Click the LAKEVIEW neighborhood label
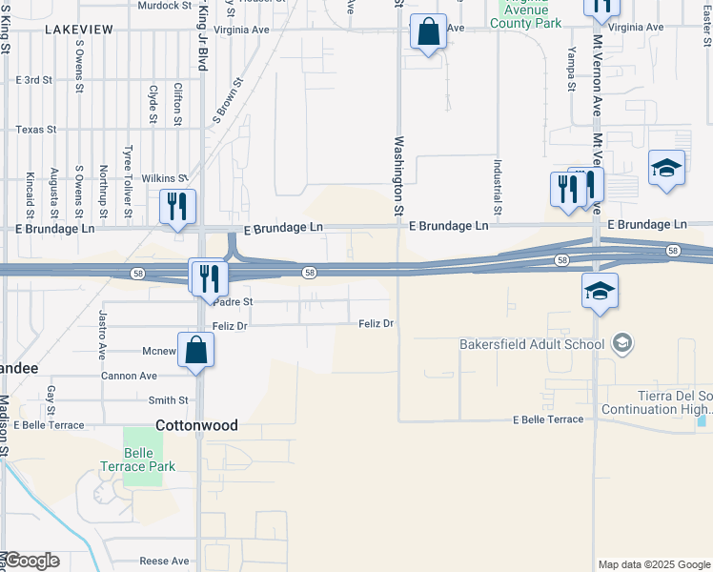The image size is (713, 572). pyautogui.click(x=81, y=30)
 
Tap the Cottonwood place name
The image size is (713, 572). pyautogui.click(x=197, y=425)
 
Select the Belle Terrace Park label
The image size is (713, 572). pyautogui.click(x=137, y=460)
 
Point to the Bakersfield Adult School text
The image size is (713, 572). pyautogui.click(x=531, y=344)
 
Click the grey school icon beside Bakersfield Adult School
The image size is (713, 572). pyautogui.click(x=622, y=342)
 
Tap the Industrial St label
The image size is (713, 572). pyautogui.click(x=498, y=186)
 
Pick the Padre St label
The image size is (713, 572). pyautogui.click(x=233, y=301)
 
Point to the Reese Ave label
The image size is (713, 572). pyautogui.click(x=165, y=562)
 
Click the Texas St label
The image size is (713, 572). pyautogui.click(x=36, y=130)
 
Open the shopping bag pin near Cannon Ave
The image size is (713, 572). pyautogui.click(x=195, y=349)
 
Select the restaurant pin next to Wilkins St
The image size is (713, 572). pyautogui.click(x=177, y=206)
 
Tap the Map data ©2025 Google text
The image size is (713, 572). pyautogui.click(x=654, y=564)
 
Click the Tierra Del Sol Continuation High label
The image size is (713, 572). pyautogui.click(x=675, y=402)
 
